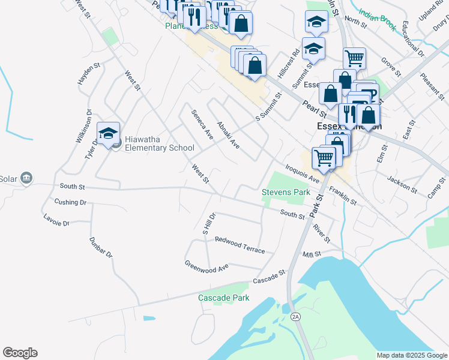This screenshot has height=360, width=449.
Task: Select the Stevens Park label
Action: pyautogui.click(x=286, y=192)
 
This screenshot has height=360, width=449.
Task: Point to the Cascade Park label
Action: pyautogui.click(x=224, y=298)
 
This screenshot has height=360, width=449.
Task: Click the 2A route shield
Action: pyautogui.click(x=295, y=316)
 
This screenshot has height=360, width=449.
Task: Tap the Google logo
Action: pyautogui.click(x=20, y=353)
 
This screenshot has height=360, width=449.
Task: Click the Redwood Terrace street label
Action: pyautogui.click(x=240, y=245)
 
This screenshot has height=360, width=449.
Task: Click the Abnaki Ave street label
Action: pyautogui.click(x=228, y=136)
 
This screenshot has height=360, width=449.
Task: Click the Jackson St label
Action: pyautogui.click(x=402, y=184)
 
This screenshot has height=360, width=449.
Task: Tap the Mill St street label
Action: pyautogui.click(x=312, y=254)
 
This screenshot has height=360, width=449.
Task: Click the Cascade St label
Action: pyautogui.click(x=268, y=277)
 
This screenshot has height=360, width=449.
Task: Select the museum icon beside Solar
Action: pyautogui.click(x=26, y=178)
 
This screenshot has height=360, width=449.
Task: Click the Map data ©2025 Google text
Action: pyautogui.click(x=411, y=355)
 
